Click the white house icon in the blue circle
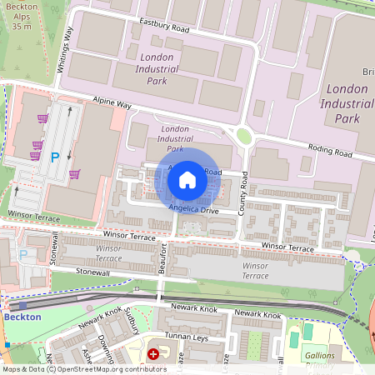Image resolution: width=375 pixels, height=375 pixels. pos(187,178)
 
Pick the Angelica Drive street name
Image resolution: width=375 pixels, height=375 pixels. pos(193,208)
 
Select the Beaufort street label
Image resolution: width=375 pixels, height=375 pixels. pos(163,259)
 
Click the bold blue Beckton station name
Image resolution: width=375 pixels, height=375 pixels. pos(22,317)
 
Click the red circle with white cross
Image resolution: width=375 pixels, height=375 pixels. pos(153,355)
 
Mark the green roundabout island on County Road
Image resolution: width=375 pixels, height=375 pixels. pos(244,136)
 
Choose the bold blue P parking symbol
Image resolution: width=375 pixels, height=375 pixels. pos(56,157)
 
